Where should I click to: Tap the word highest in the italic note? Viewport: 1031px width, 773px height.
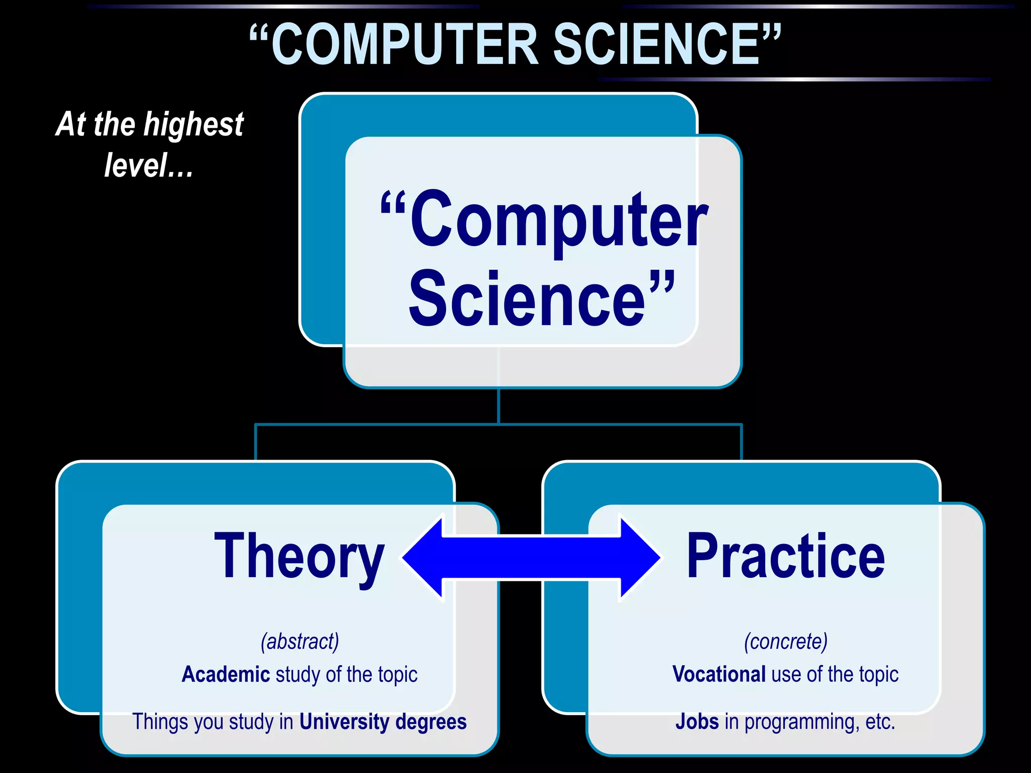click(194, 125)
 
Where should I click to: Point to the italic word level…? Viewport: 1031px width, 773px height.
click(149, 166)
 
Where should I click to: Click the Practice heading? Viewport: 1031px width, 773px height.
click(785, 557)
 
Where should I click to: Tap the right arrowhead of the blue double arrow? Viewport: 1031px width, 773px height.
click(639, 558)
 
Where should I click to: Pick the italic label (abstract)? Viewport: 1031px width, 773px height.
click(300, 642)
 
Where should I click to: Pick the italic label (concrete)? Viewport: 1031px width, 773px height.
click(786, 642)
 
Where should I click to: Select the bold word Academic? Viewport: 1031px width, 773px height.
click(226, 674)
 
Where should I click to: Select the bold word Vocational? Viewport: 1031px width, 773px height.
click(719, 674)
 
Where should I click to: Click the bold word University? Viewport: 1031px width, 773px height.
click(344, 722)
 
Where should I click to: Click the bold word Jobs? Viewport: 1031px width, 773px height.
click(697, 722)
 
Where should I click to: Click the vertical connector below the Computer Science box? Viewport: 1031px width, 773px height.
click(498, 406)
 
